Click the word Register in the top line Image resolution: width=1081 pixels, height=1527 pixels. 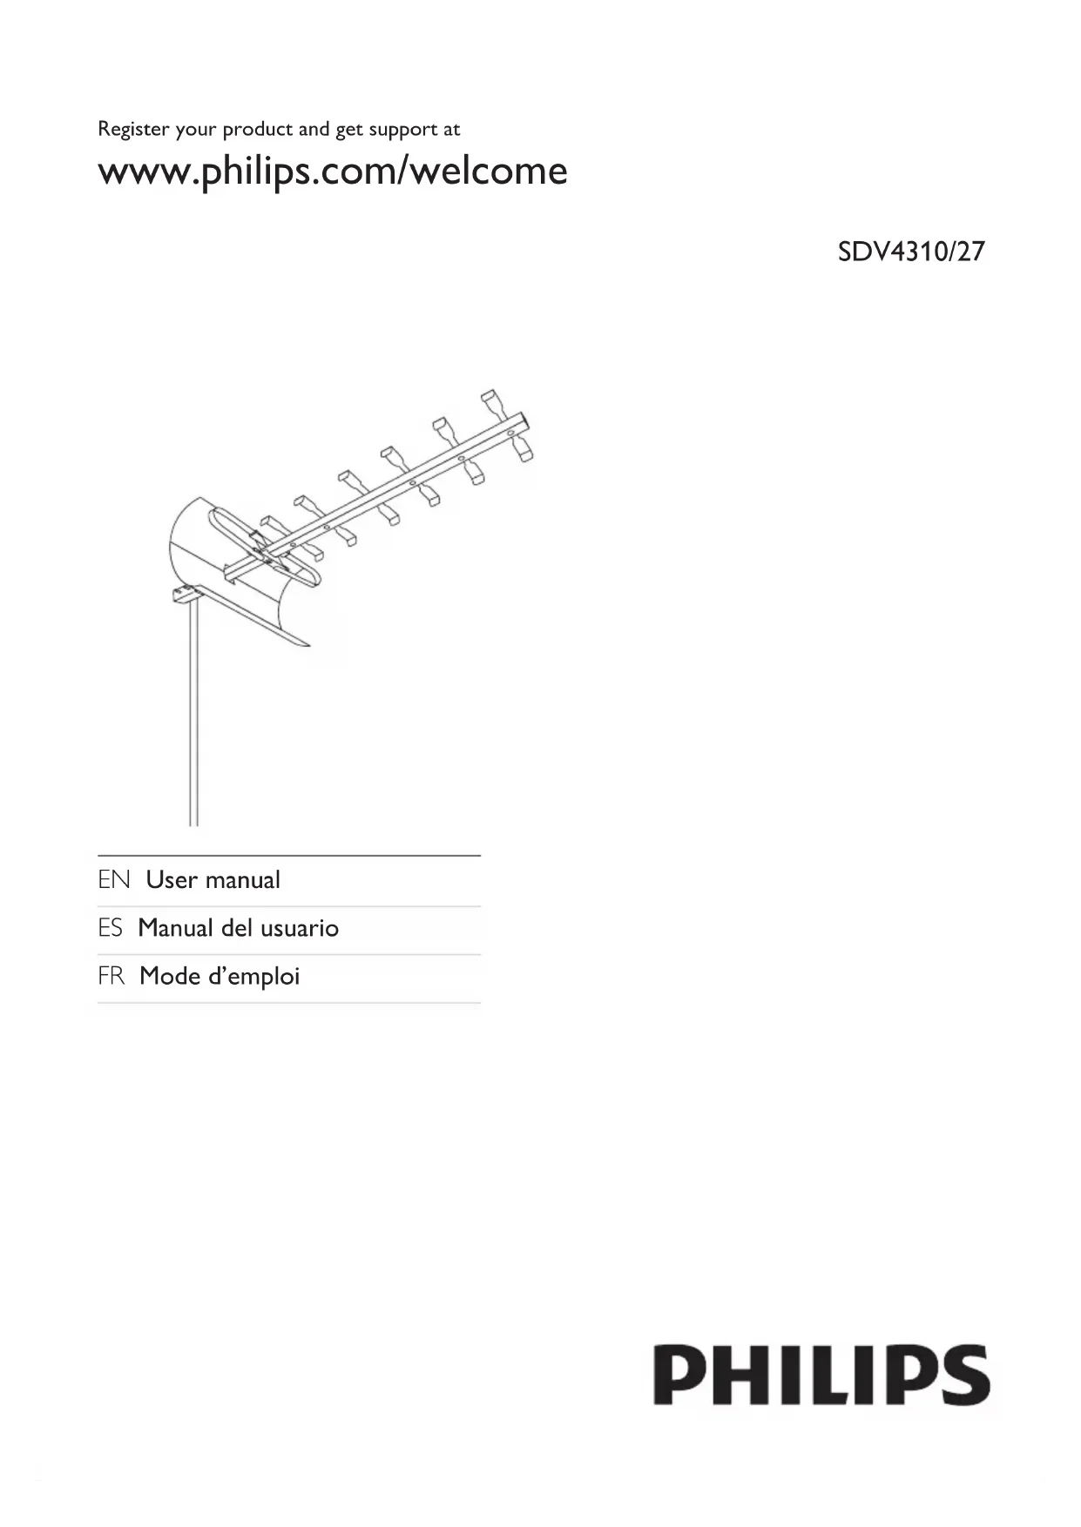click(133, 130)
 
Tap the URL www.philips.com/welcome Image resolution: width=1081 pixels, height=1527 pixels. click(332, 171)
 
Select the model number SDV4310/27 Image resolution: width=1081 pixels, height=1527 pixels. click(910, 252)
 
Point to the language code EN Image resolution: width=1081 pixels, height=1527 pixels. click(113, 880)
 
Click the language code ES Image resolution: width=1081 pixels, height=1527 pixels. click(111, 928)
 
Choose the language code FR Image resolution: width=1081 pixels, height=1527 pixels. click(111, 977)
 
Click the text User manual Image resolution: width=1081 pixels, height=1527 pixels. click(213, 880)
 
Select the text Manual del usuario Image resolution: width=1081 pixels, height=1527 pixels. click(238, 928)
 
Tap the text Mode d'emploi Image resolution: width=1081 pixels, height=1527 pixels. click(220, 977)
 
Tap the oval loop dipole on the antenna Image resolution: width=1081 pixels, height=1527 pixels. click(261, 548)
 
